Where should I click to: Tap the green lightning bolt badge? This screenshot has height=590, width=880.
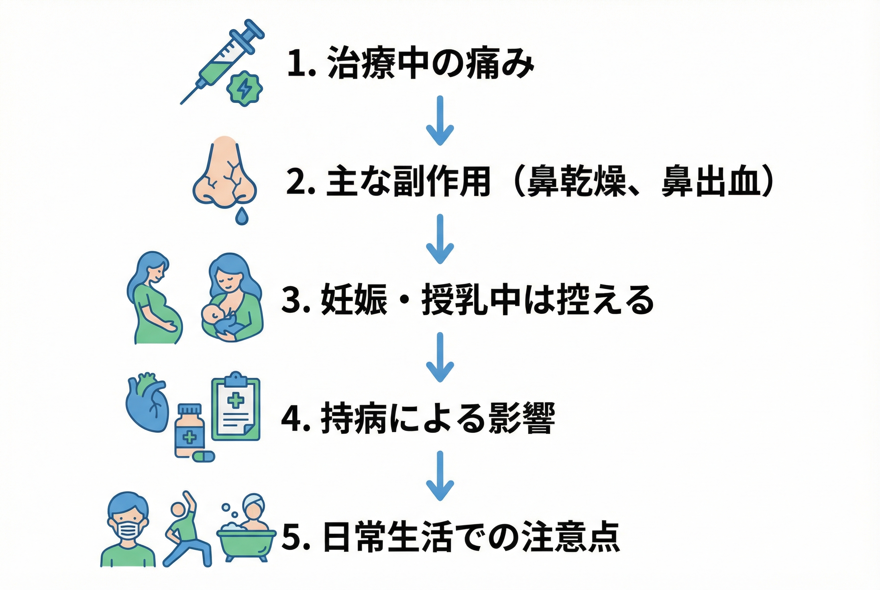point(244,88)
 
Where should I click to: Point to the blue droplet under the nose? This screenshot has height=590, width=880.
point(242,216)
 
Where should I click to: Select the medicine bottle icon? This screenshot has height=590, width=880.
point(190,430)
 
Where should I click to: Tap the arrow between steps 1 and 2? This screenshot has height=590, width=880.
point(440,120)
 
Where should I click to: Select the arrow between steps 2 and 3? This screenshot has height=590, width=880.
point(440,239)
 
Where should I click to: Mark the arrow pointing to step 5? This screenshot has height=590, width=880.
point(440,476)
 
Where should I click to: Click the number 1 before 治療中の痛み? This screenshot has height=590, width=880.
point(296,63)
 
